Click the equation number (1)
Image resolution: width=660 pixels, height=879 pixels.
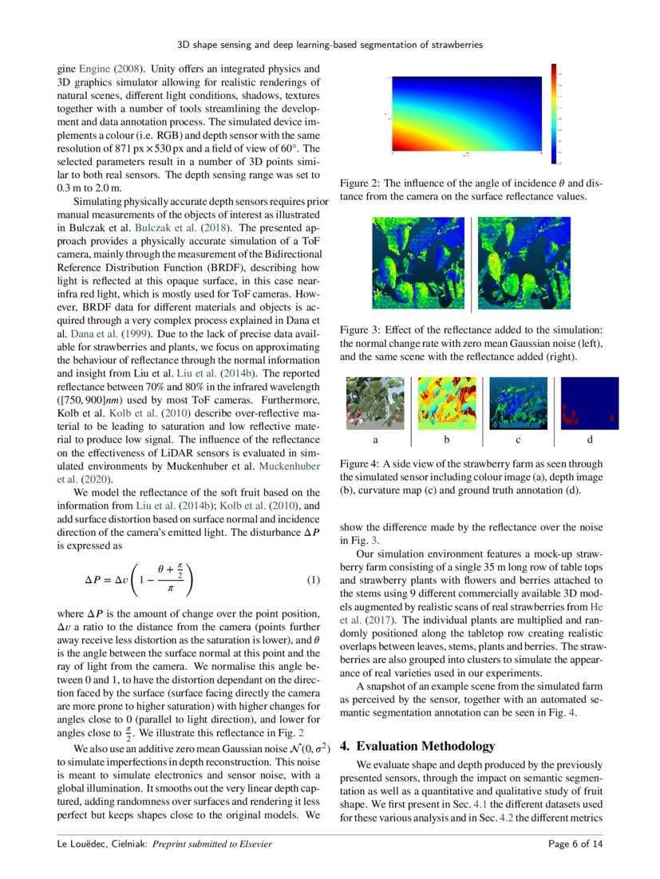314,580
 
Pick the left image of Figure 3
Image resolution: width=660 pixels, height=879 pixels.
418,262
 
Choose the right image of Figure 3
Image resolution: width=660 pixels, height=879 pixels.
524,262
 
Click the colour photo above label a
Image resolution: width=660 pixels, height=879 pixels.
375,403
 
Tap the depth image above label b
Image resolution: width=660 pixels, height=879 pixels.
447,403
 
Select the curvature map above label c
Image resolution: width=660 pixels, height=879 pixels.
518,403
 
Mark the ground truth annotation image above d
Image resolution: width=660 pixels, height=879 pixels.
590,403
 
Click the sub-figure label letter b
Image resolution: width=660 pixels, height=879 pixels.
447,439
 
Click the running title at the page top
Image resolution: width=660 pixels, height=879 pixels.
330,45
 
